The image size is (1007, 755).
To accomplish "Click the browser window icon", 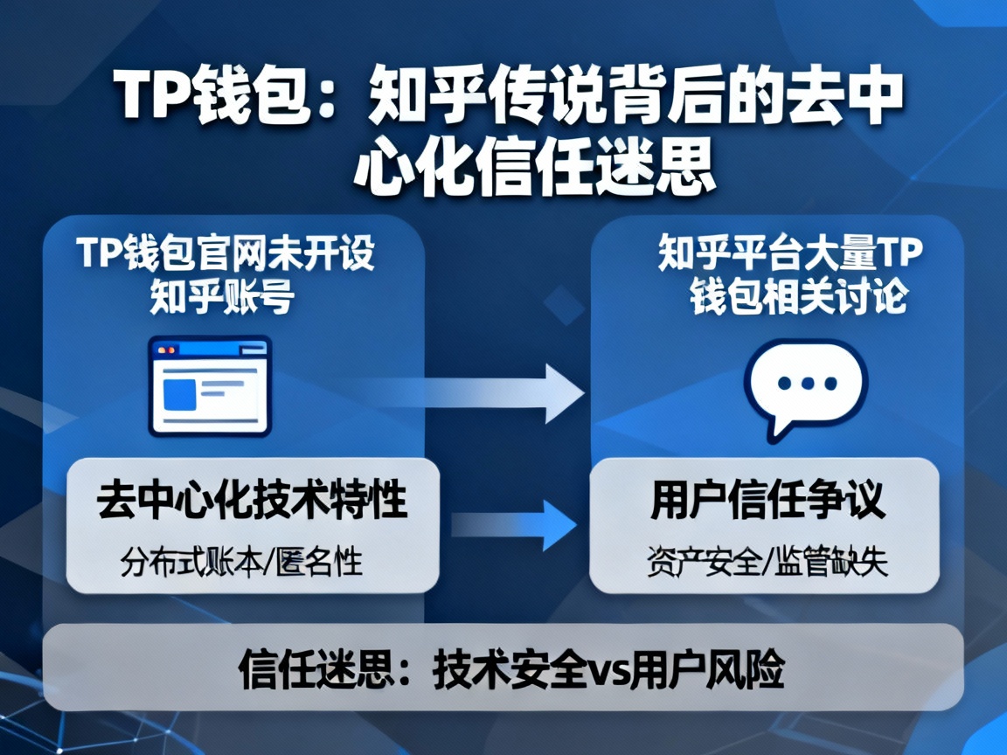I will [x=210, y=385].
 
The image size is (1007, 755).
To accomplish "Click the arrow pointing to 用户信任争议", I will [x=516, y=523].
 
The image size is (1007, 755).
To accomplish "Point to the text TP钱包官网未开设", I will [x=226, y=255].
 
